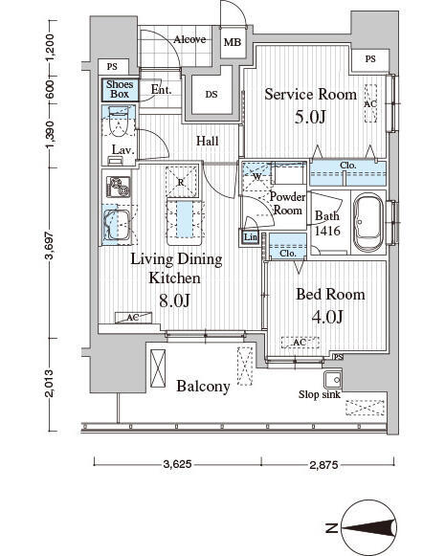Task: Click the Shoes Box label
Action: [x=120, y=89]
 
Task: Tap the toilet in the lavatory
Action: [x=117, y=122]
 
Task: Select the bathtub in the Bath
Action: [x=368, y=222]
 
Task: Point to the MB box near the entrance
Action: [x=233, y=42]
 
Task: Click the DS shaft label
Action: [x=211, y=95]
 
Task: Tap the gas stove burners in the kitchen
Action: [x=119, y=188]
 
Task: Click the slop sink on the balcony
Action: [x=333, y=380]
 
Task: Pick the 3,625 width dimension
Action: [x=177, y=464]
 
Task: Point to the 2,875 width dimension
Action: [x=324, y=464]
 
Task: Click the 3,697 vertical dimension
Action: [x=50, y=245]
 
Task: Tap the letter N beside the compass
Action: [x=331, y=528]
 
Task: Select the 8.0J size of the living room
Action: [x=174, y=300]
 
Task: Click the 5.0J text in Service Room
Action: [x=310, y=117]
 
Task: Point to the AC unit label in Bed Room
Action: [x=300, y=343]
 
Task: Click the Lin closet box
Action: [x=251, y=237]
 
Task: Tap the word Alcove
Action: [x=189, y=39]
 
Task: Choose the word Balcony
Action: [x=203, y=387]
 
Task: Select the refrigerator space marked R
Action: [x=181, y=182]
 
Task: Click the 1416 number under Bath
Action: [x=327, y=232]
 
